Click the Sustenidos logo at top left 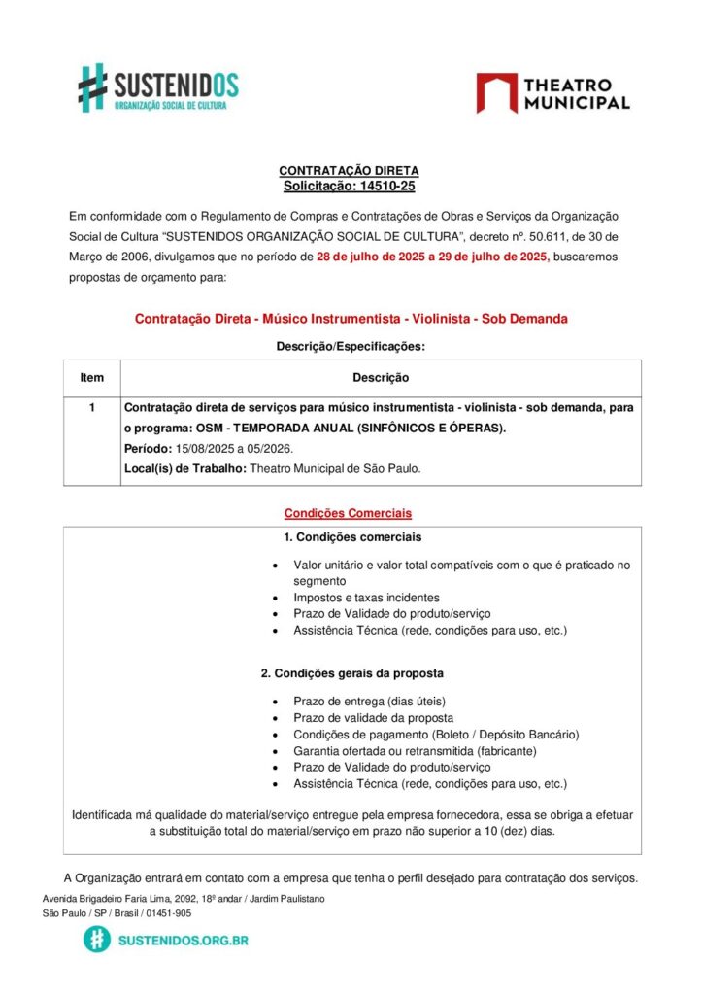[x=158, y=88]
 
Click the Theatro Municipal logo [x=552, y=93]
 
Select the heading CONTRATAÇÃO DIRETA [x=350, y=171]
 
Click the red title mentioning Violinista [x=351, y=319]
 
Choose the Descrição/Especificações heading [x=351, y=346]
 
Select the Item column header [x=91, y=378]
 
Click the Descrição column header [x=380, y=378]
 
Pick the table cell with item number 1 [x=91, y=409]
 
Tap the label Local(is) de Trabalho [x=184, y=468]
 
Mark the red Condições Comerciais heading [x=348, y=512]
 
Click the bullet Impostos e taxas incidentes [x=366, y=598]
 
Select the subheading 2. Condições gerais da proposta [x=352, y=673]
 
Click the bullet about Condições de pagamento [x=436, y=734]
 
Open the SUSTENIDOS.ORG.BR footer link [x=182, y=941]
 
